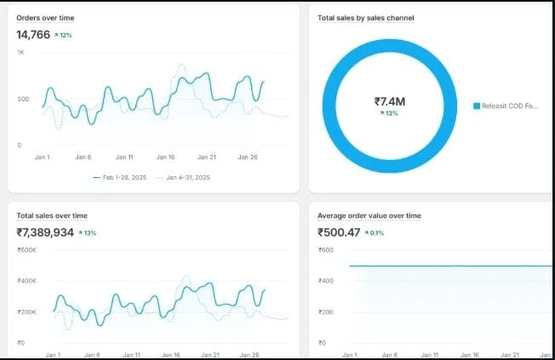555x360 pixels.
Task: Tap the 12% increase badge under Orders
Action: tap(64, 36)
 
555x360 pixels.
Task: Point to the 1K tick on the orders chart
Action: tap(20, 53)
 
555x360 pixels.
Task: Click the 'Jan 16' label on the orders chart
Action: tap(165, 157)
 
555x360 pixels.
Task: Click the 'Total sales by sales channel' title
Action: tap(365, 18)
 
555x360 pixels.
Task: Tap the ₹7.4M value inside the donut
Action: tap(390, 101)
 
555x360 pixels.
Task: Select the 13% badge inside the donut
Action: tap(390, 114)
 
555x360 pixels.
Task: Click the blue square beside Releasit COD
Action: tap(477, 106)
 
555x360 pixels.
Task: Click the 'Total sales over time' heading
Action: tap(51, 215)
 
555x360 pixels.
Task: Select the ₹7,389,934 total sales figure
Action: tap(44, 232)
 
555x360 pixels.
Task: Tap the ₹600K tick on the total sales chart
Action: tap(26, 249)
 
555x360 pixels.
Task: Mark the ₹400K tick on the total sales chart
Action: tap(26, 281)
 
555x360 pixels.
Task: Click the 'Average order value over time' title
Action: tap(369, 215)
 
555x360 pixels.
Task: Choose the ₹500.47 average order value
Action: tap(339, 232)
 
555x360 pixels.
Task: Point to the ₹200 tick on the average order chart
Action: tap(326, 312)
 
